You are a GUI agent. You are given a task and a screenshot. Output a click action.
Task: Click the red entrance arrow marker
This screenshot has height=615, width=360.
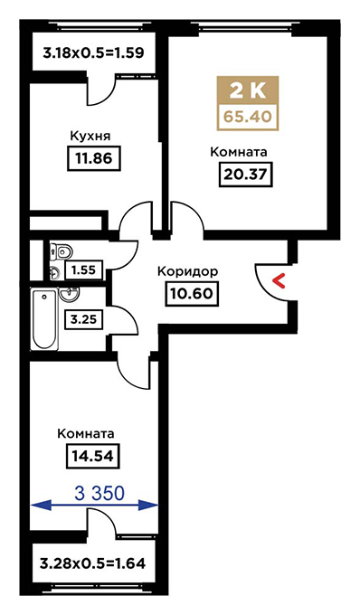[279, 281]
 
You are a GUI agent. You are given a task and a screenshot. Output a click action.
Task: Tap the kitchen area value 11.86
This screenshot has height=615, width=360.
[95, 158]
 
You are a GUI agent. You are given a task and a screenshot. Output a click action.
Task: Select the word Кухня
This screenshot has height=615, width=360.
[90, 136]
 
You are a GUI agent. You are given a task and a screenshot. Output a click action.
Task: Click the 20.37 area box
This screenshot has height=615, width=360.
[245, 174]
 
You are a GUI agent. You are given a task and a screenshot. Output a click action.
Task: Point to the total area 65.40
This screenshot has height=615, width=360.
[248, 117]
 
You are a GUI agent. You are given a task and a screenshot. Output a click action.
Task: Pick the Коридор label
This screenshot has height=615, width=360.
[187, 272]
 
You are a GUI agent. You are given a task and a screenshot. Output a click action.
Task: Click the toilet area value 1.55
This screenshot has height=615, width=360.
[84, 270]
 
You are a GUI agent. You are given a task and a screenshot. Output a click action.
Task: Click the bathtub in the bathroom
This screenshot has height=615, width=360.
[44, 319]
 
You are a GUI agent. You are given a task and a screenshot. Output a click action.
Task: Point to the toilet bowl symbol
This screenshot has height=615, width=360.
[62, 251]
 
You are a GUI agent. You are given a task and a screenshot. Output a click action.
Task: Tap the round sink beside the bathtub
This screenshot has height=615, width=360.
[69, 293]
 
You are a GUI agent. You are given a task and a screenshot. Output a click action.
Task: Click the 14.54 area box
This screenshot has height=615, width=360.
[92, 456]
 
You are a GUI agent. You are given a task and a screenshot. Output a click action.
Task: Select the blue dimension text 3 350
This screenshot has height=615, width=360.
[99, 494]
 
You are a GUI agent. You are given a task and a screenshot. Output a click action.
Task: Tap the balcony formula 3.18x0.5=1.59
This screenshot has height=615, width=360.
[94, 52]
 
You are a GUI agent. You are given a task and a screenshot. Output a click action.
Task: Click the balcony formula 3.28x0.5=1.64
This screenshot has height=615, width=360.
[93, 564]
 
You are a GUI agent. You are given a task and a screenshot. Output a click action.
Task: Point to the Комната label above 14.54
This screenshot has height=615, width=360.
[86, 434]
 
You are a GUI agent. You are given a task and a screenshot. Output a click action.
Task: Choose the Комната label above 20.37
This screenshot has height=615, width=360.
[239, 152]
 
